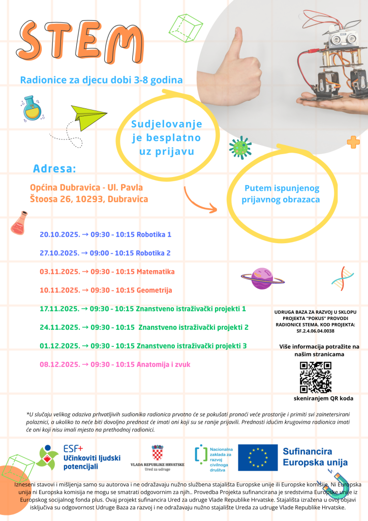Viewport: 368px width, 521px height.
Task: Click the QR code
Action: (x=315, y=378)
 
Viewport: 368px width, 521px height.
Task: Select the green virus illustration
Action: (x=240, y=148)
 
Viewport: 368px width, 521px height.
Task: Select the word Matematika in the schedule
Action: (x=156, y=272)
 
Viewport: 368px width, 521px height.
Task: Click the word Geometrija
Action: (x=155, y=290)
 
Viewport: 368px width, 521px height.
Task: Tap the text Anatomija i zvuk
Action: (x=164, y=364)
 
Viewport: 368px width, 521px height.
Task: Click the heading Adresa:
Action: (x=54, y=168)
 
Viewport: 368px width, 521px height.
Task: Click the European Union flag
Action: (x=257, y=457)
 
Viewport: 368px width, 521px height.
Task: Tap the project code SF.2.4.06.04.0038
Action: (x=315, y=331)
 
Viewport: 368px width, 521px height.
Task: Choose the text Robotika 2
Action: (x=154, y=253)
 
